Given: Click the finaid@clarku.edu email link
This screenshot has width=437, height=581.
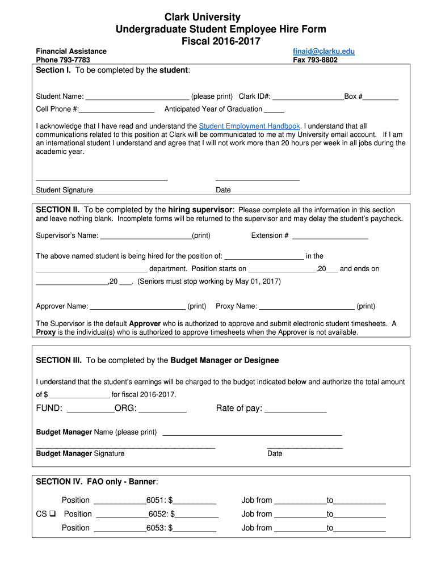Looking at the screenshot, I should pyautogui.click(x=323, y=51).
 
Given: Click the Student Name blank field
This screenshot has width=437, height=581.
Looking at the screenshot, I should pyautogui.click(x=137, y=97).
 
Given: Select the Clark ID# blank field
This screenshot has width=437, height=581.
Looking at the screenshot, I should pyautogui.click(x=308, y=97).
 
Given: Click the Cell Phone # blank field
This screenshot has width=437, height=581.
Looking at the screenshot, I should pyautogui.click(x=117, y=110).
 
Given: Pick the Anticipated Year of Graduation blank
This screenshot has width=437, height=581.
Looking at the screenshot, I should pyautogui.click(x=274, y=110).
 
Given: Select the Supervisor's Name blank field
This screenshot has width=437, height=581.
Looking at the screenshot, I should pyautogui.click(x=145, y=236).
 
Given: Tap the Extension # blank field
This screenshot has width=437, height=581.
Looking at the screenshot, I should pyautogui.click(x=330, y=236).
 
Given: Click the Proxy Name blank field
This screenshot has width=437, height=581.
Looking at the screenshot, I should pyautogui.click(x=306, y=307).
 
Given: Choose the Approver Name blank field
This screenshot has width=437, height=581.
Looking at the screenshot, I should pyautogui.click(x=138, y=307).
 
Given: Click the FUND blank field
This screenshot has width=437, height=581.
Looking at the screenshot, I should pyautogui.click(x=90, y=409).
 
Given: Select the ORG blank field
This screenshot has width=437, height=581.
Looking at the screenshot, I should pyautogui.click(x=162, y=409).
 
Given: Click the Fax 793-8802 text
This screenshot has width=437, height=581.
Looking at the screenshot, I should pyautogui.click(x=315, y=60).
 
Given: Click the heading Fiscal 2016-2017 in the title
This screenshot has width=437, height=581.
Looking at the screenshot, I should pyautogui.click(x=221, y=41).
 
